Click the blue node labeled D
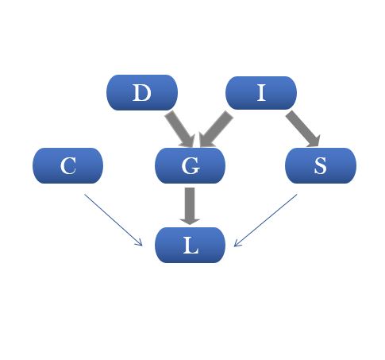(142, 92)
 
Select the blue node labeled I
(261, 93)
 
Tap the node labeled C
(67, 165)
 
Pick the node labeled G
(190, 165)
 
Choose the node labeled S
(321, 165)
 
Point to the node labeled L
(190, 245)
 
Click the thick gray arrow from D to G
(181, 130)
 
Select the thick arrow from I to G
(215, 130)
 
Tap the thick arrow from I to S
(303, 129)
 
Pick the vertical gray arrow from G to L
(190, 206)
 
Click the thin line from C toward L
(114, 220)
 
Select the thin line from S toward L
(266, 220)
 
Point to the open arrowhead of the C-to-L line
(141, 244)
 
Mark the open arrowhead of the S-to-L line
(237, 244)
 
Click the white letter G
(191, 166)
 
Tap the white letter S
(320, 166)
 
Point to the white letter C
(68, 166)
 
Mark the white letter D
(142, 92)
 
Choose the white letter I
(261, 92)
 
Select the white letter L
(191, 246)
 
